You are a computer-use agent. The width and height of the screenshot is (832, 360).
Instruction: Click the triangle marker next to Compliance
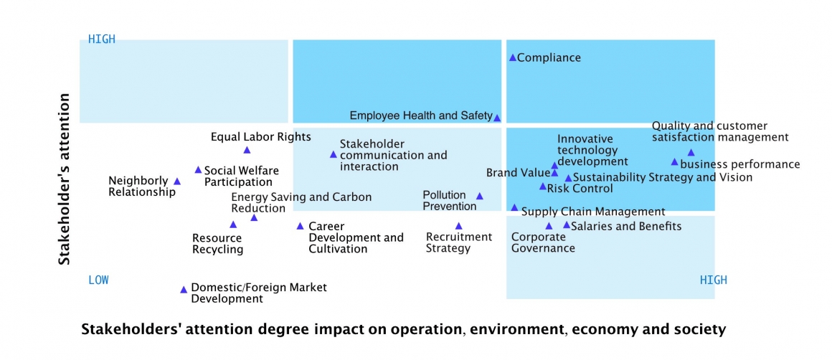513,57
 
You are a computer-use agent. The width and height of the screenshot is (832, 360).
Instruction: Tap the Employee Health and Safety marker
497,118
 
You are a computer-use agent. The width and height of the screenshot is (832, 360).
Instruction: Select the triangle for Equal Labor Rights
247,150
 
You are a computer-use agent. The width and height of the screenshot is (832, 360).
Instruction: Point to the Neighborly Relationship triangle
177,181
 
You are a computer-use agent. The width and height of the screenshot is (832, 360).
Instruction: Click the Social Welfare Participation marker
198,170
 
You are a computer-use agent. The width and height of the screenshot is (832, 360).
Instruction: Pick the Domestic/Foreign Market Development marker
184,290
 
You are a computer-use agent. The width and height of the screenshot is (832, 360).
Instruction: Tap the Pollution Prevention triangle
480,196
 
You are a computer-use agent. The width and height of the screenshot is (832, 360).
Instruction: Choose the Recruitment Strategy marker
459,226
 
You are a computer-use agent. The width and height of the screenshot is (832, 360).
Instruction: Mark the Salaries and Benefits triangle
567,225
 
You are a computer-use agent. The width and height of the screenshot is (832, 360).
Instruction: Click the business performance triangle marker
674,162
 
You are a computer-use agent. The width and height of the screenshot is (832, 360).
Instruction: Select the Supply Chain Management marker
514,207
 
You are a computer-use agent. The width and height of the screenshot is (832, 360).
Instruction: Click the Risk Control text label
580,189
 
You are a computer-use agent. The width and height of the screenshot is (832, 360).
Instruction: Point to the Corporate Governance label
543,242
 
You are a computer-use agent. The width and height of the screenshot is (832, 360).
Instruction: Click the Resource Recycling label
218,244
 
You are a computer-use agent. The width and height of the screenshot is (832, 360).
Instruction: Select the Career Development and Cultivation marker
301,226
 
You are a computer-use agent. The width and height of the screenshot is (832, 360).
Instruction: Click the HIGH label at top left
102,39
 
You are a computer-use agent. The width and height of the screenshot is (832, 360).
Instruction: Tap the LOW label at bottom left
98,280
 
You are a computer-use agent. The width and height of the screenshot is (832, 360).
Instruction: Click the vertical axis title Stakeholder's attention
65,179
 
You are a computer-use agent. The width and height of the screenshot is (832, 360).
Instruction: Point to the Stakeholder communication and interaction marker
333,154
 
